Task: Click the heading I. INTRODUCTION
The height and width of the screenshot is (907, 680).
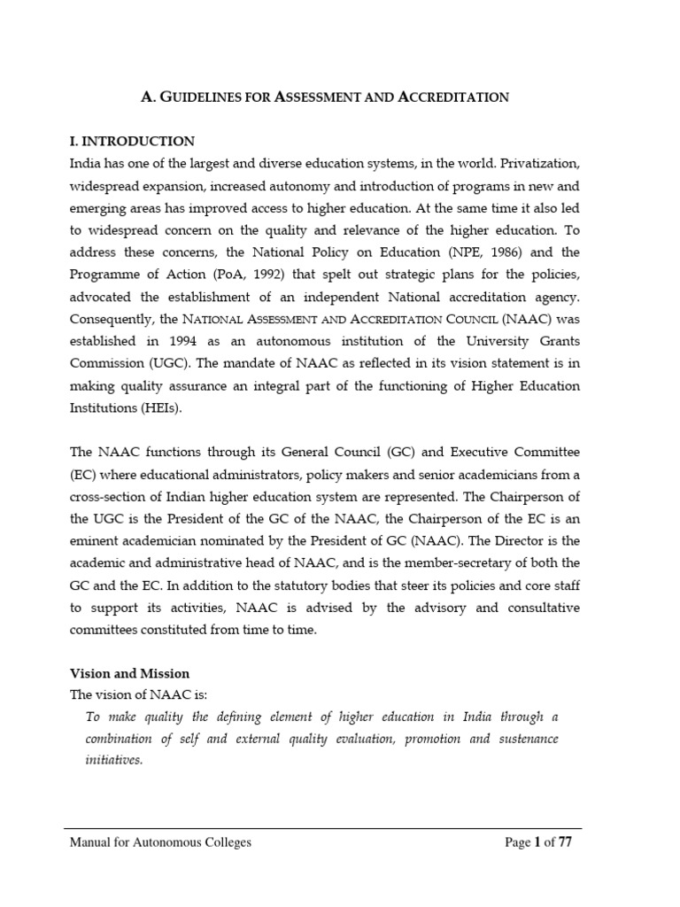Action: (132, 141)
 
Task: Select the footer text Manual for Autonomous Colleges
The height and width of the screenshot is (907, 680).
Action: (160, 842)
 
